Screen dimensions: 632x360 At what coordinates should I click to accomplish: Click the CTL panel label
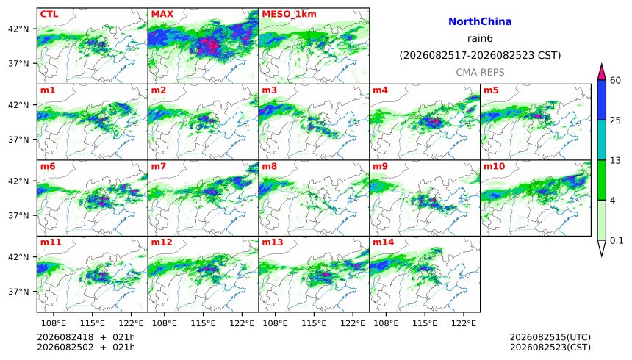click(x=49, y=14)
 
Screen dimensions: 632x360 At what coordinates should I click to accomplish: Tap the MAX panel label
click(x=162, y=14)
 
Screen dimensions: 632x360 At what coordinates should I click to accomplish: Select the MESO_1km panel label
click(x=289, y=15)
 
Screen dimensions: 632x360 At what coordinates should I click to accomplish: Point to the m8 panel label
click(x=269, y=167)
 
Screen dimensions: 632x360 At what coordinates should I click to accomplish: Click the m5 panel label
click(x=491, y=90)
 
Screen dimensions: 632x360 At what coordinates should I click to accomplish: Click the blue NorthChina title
click(x=480, y=22)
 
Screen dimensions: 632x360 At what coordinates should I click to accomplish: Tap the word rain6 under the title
click(x=480, y=39)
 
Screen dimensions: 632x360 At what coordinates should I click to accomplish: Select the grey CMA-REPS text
click(x=480, y=73)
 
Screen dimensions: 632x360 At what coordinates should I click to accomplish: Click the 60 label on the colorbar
click(x=615, y=81)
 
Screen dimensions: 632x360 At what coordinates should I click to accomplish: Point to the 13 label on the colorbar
click(x=615, y=160)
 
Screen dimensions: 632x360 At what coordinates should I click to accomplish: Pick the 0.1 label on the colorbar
click(x=617, y=241)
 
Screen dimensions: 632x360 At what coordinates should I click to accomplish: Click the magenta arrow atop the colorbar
click(x=602, y=72)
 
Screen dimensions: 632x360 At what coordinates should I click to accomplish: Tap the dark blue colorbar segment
click(x=602, y=100)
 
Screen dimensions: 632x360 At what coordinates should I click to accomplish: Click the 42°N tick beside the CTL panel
click(x=18, y=29)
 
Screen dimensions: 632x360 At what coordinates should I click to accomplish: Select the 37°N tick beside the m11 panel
click(x=18, y=292)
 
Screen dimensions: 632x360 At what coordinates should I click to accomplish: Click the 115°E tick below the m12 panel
click(x=203, y=323)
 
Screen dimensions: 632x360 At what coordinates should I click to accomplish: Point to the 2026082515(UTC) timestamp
click(x=550, y=337)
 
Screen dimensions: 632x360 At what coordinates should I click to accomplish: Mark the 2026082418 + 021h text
click(x=86, y=337)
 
